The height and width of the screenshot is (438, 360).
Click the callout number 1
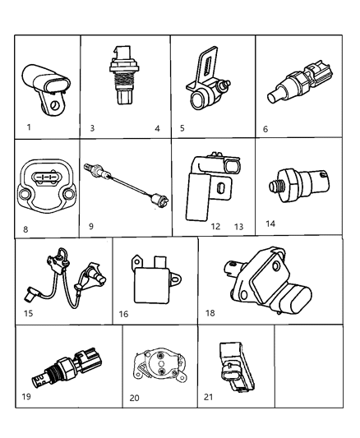[29, 127]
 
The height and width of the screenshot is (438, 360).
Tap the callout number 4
[157, 128]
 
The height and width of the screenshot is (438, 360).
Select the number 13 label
[239, 227]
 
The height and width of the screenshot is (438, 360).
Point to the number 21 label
[208, 397]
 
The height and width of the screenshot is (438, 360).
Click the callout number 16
[123, 314]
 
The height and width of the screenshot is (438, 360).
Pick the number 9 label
[91, 226]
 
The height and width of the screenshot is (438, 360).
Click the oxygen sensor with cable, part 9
[127, 185]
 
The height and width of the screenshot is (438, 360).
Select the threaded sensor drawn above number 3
[121, 76]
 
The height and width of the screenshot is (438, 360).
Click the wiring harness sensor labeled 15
[67, 278]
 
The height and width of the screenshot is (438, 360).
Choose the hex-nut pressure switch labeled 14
[299, 185]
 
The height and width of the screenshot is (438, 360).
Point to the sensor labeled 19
[67, 368]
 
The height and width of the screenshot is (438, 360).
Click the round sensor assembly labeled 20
[159, 365]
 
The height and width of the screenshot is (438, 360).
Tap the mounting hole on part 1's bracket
[55, 106]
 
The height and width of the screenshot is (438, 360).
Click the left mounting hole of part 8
[24, 195]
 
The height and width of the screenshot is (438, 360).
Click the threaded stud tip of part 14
[272, 186]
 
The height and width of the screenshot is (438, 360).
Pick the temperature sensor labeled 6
[300, 84]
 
